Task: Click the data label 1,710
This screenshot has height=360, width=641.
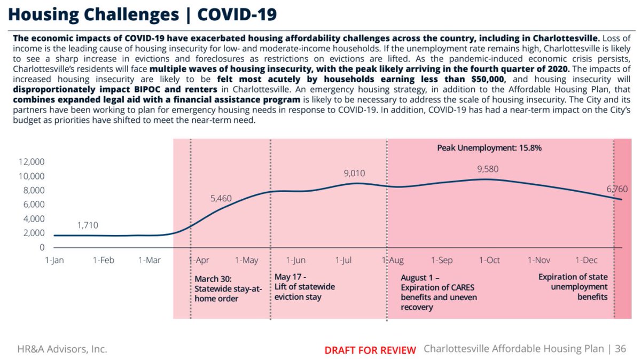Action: (x=88, y=225)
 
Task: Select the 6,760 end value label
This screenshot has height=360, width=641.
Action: (x=616, y=189)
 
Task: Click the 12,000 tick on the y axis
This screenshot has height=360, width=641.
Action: (x=31, y=162)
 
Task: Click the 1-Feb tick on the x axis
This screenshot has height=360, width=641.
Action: (x=103, y=260)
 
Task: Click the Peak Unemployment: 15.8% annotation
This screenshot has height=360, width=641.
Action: (x=486, y=147)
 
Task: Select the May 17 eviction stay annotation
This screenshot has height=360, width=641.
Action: (x=304, y=287)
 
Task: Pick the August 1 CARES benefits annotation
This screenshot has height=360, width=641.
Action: (x=439, y=293)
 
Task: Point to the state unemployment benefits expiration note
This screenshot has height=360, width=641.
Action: (x=573, y=287)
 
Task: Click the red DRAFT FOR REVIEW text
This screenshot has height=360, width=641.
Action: (x=370, y=350)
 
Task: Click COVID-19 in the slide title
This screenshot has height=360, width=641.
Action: (x=238, y=14)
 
